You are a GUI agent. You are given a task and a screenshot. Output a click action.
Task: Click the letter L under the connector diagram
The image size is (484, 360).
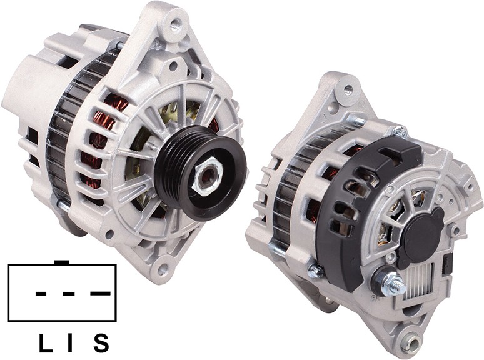(46, 343)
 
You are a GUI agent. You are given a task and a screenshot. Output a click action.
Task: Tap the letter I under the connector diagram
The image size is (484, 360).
(69, 343)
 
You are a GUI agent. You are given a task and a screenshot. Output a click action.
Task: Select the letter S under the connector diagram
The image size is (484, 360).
(101, 343)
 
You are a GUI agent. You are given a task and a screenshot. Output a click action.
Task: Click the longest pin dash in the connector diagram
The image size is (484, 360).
(100, 293)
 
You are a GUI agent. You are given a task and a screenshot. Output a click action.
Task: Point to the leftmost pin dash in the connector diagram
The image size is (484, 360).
(41, 294)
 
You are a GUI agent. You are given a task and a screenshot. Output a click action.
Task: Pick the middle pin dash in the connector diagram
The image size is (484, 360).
(68, 294)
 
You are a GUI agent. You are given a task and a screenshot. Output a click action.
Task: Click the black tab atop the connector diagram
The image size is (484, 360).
(61, 262)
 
